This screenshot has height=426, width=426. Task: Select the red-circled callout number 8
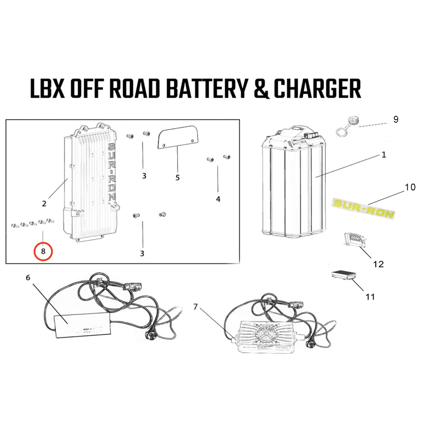click(x=43, y=251)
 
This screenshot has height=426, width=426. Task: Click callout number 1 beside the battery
click(x=383, y=155)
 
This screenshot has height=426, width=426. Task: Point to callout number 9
click(x=396, y=119)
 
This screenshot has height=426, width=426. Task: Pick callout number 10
click(x=410, y=187)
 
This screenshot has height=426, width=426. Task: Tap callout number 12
click(x=378, y=264)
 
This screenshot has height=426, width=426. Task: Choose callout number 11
click(x=370, y=296)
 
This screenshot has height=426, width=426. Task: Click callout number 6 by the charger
click(x=28, y=278)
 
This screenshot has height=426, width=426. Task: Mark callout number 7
click(x=196, y=306)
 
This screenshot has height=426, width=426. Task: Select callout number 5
click(x=178, y=177)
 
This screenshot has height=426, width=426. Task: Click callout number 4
click(x=218, y=199)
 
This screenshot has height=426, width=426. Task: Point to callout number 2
click(x=44, y=204)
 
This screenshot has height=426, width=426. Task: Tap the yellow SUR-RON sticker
click(x=363, y=208)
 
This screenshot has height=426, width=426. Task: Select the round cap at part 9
click(x=352, y=121)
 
